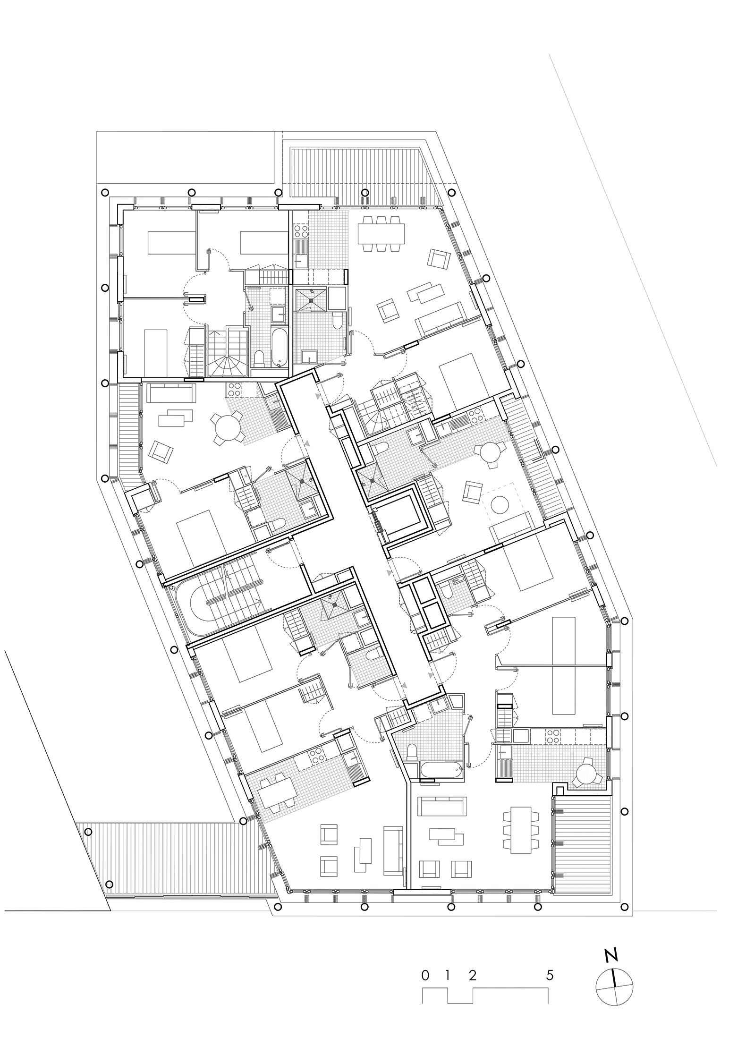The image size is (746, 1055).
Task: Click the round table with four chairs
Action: (226, 427)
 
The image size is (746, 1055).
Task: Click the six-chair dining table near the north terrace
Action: (381, 233)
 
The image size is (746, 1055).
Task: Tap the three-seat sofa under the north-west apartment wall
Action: (171, 392)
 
